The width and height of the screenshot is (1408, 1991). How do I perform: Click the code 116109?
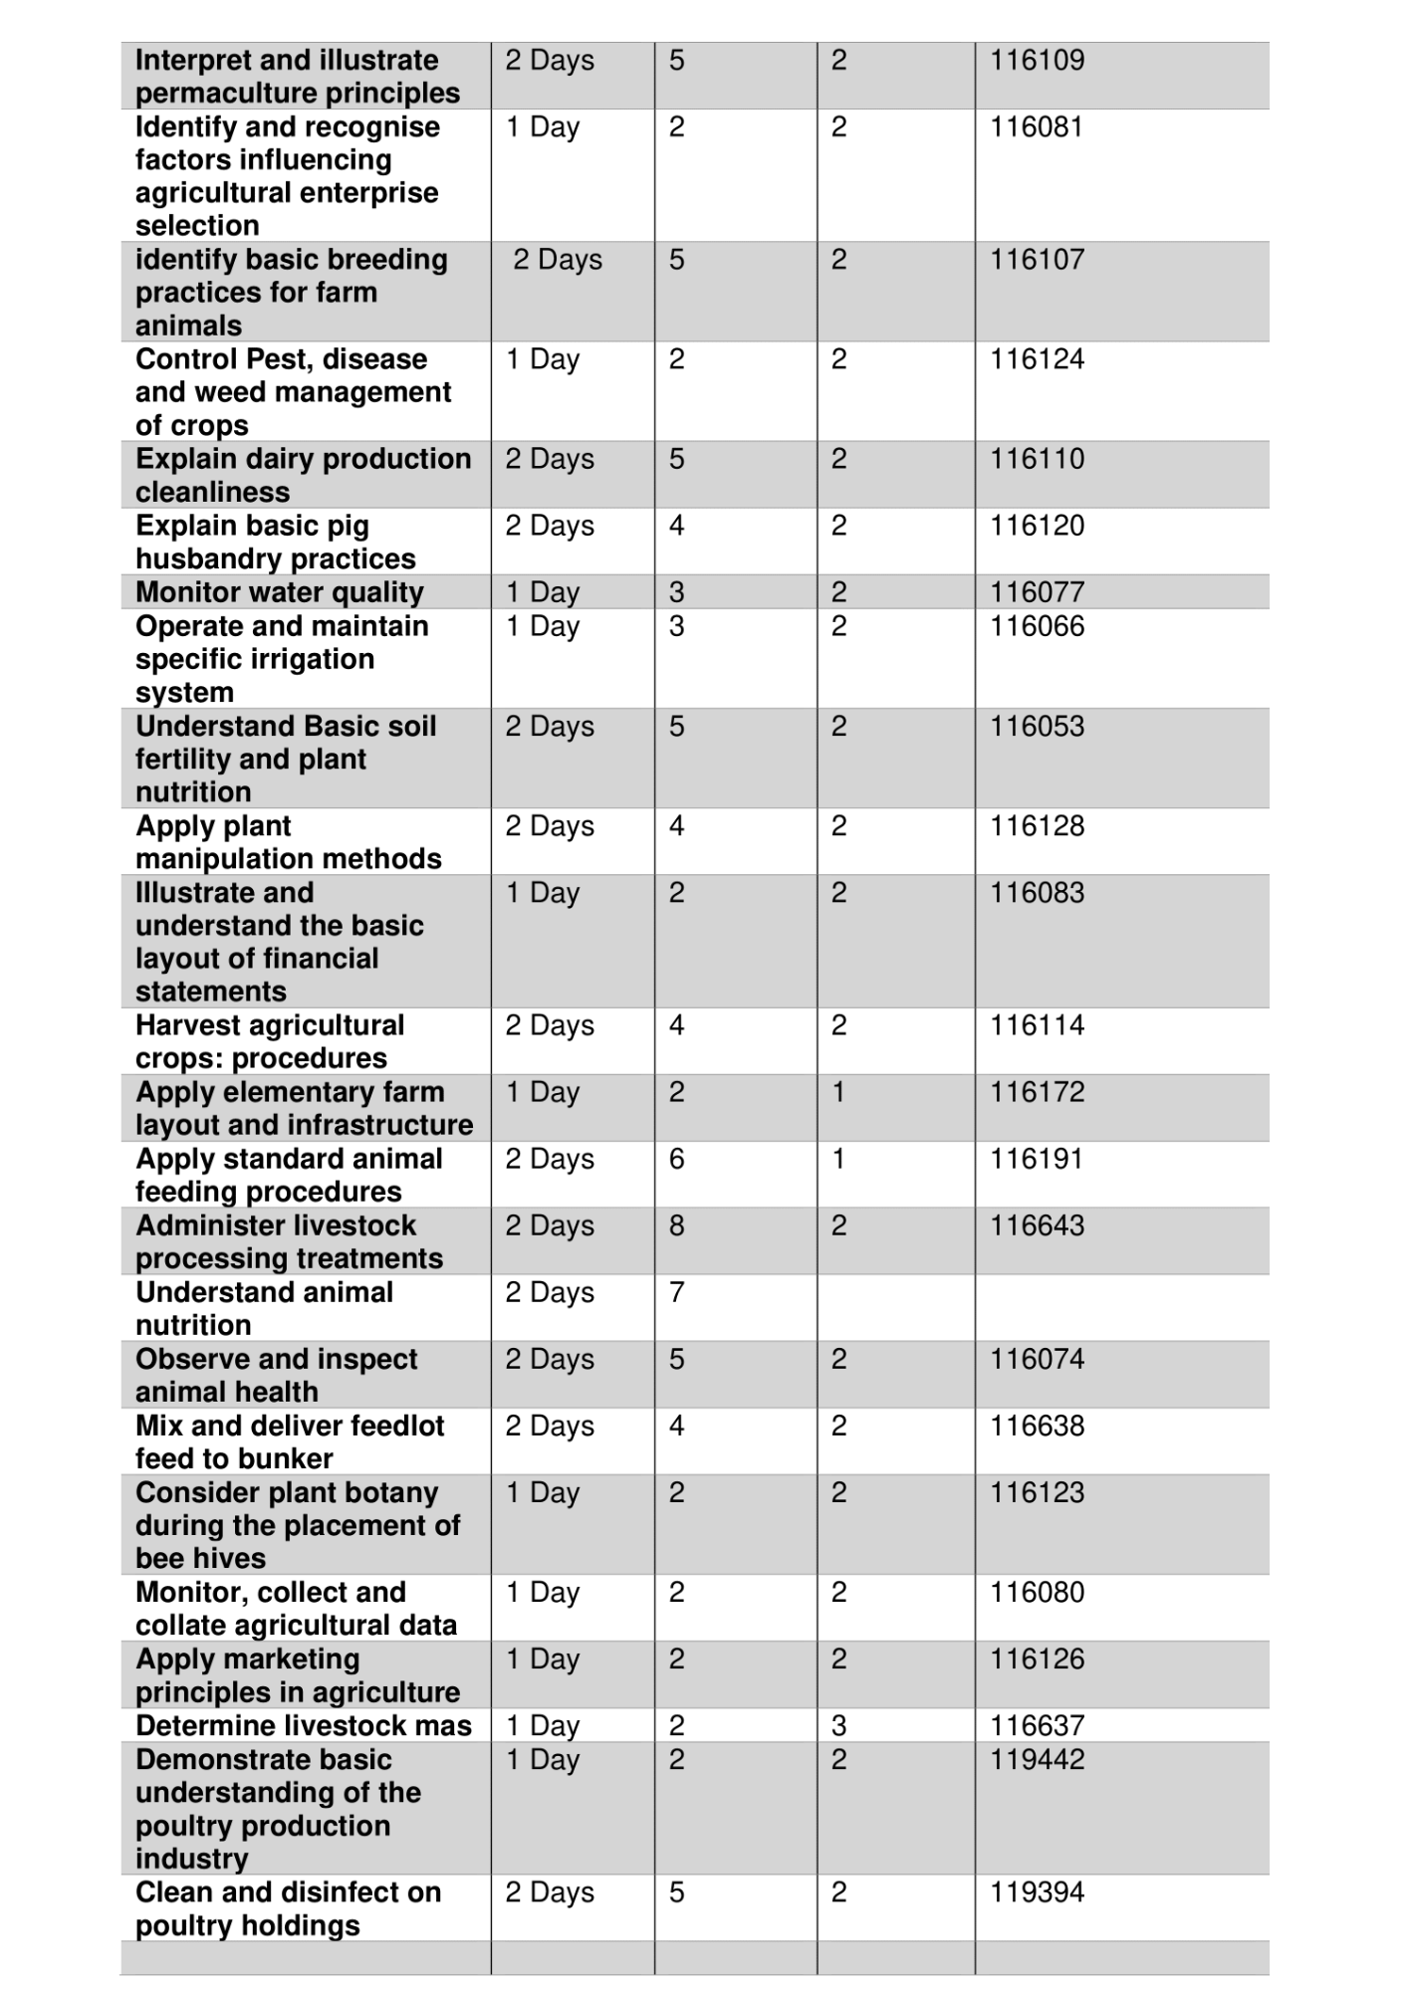click(1037, 61)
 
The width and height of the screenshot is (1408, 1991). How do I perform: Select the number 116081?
click(1036, 127)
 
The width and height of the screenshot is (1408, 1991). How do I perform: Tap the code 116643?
click(1037, 1225)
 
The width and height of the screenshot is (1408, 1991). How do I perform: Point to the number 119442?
click(1037, 1759)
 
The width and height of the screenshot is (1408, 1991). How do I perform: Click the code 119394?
click(1037, 1892)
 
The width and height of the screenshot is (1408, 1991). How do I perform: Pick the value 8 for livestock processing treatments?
click(677, 1225)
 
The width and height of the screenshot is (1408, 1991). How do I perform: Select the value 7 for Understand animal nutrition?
click(677, 1292)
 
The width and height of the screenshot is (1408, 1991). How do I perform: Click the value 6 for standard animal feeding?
click(677, 1159)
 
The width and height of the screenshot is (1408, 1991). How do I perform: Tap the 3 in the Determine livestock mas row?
click(839, 1726)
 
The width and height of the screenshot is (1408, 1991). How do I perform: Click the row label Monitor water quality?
click(280, 592)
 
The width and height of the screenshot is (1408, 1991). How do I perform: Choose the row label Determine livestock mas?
click(304, 1726)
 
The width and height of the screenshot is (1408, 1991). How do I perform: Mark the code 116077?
click(1037, 592)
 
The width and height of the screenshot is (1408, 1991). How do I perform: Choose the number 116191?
click(1036, 1159)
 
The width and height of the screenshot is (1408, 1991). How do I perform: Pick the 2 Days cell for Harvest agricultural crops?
click(550, 1025)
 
